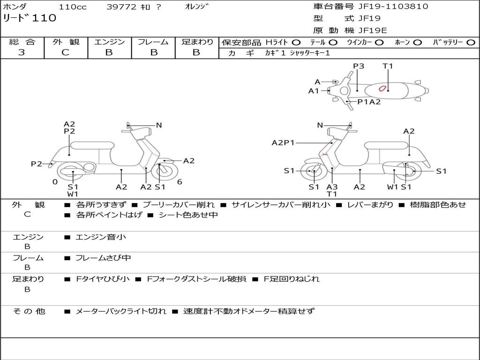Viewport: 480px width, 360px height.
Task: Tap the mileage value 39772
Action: tap(121, 7)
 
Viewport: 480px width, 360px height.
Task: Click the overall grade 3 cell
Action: tap(22, 52)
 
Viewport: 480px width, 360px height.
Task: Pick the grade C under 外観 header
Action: tap(66, 52)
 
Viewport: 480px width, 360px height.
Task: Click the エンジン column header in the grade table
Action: tap(110, 42)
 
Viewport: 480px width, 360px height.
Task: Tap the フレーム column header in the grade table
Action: tap(153, 42)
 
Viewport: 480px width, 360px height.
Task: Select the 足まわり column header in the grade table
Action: tap(197, 42)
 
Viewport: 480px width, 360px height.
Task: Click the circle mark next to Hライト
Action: tap(296, 42)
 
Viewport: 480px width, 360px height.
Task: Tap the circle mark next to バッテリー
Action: tap(471, 42)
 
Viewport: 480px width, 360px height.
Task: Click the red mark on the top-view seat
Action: tap(382, 88)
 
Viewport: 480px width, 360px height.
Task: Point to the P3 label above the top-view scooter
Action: tap(359, 66)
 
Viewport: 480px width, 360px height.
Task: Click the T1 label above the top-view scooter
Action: tap(388, 66)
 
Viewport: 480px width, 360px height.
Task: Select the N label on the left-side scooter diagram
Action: tap(159, 125)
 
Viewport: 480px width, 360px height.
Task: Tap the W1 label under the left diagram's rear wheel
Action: tap(73, 194)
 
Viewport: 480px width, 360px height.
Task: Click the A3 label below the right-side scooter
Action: tap(332, 187)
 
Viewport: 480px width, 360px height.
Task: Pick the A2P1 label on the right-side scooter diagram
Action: tap(283, 142)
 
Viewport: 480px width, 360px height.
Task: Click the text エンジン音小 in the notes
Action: tap(101, 237)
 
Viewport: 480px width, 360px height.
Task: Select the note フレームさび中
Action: tap(103, 258)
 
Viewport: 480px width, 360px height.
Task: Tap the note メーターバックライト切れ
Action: tap(120, 311)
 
